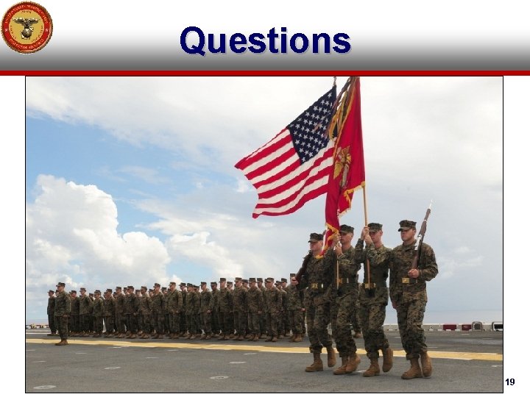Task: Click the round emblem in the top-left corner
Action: pyautogui.click(x=26, y=27)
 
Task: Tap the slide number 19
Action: pyautogui.click(x=510, y=382)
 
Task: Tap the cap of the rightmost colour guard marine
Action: pyautogui.click(x=407, y=224)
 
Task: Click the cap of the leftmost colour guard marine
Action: pyautogui.click(x=315, y=237)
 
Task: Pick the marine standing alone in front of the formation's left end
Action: pyautogui.click(x=62, y=313)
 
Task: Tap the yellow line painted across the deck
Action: pyautogui.click(x=221, y=346)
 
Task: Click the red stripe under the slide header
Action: pyautogui.click(x=265, y=73)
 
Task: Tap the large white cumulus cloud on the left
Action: pyautogui.click(x=81, y=228)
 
